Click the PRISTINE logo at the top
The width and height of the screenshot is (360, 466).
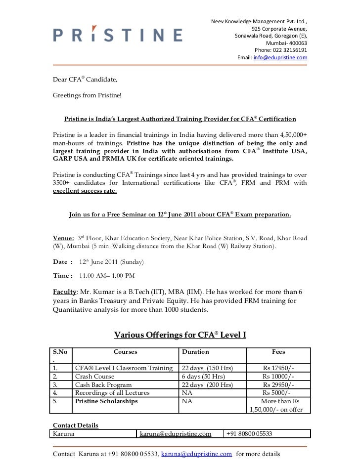(x=117, y=35)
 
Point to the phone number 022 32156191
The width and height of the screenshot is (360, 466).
(x=280, y=50)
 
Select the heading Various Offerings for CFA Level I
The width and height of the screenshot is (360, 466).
(x=180, y=336)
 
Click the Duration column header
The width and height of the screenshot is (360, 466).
(x=195, y=352)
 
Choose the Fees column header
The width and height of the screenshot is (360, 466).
(x=278, y=352)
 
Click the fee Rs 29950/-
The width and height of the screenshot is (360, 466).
(x=278, y=385)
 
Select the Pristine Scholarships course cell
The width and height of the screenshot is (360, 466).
(x=106, y=401)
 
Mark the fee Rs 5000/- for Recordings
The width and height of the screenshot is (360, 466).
(x=278, y=393)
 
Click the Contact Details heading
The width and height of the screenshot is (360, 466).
(x=76, y=425)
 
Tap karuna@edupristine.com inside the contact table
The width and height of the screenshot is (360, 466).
(x=176, y=434)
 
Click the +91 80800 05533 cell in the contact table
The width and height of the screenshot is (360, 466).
(x=249, y=434)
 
